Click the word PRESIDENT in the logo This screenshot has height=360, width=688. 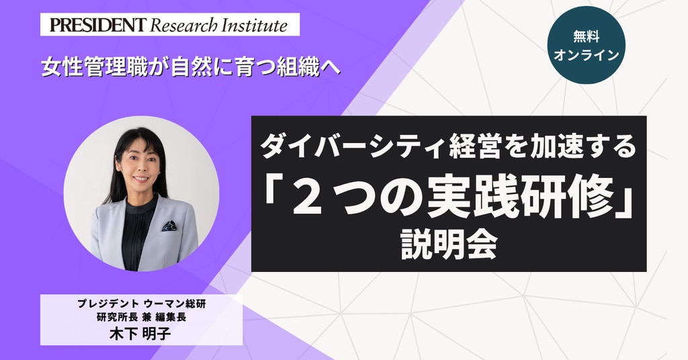[97, 25]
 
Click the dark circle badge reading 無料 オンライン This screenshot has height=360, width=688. [586, 45]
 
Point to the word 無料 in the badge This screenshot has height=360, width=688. [586, 36]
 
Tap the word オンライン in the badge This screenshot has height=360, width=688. [586, 55]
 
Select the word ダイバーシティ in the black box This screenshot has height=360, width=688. [353, 147]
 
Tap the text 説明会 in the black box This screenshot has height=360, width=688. [449, 244]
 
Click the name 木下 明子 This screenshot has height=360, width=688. [140, 334]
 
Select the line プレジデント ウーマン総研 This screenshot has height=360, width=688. [141, 304]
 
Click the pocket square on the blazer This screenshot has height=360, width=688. [169, 226]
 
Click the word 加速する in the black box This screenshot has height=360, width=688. [578, 147]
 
